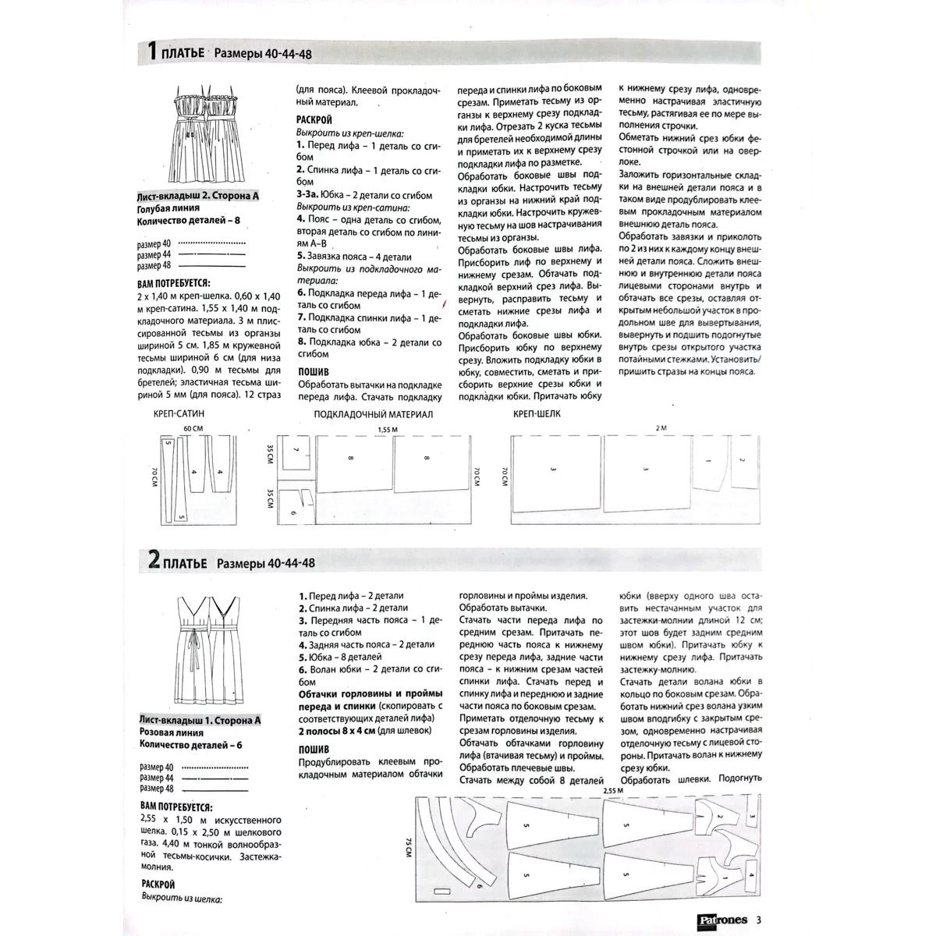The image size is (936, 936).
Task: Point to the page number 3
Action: coord(757,919)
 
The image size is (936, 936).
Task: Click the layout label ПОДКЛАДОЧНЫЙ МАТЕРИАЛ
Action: coord(373,415)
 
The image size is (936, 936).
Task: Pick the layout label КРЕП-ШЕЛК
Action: coord(537,414)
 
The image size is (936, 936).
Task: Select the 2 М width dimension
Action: coord(662,429)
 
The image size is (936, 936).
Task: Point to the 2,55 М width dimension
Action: coord(614,791)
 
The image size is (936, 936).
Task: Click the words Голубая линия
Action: coord(168,208)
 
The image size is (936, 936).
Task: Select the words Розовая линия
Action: coord(172,732)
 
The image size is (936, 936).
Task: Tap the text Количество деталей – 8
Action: coord(190,221)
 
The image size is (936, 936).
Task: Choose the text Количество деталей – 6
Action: coord(190,745)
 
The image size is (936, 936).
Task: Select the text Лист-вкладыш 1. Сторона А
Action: coord(200,720)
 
